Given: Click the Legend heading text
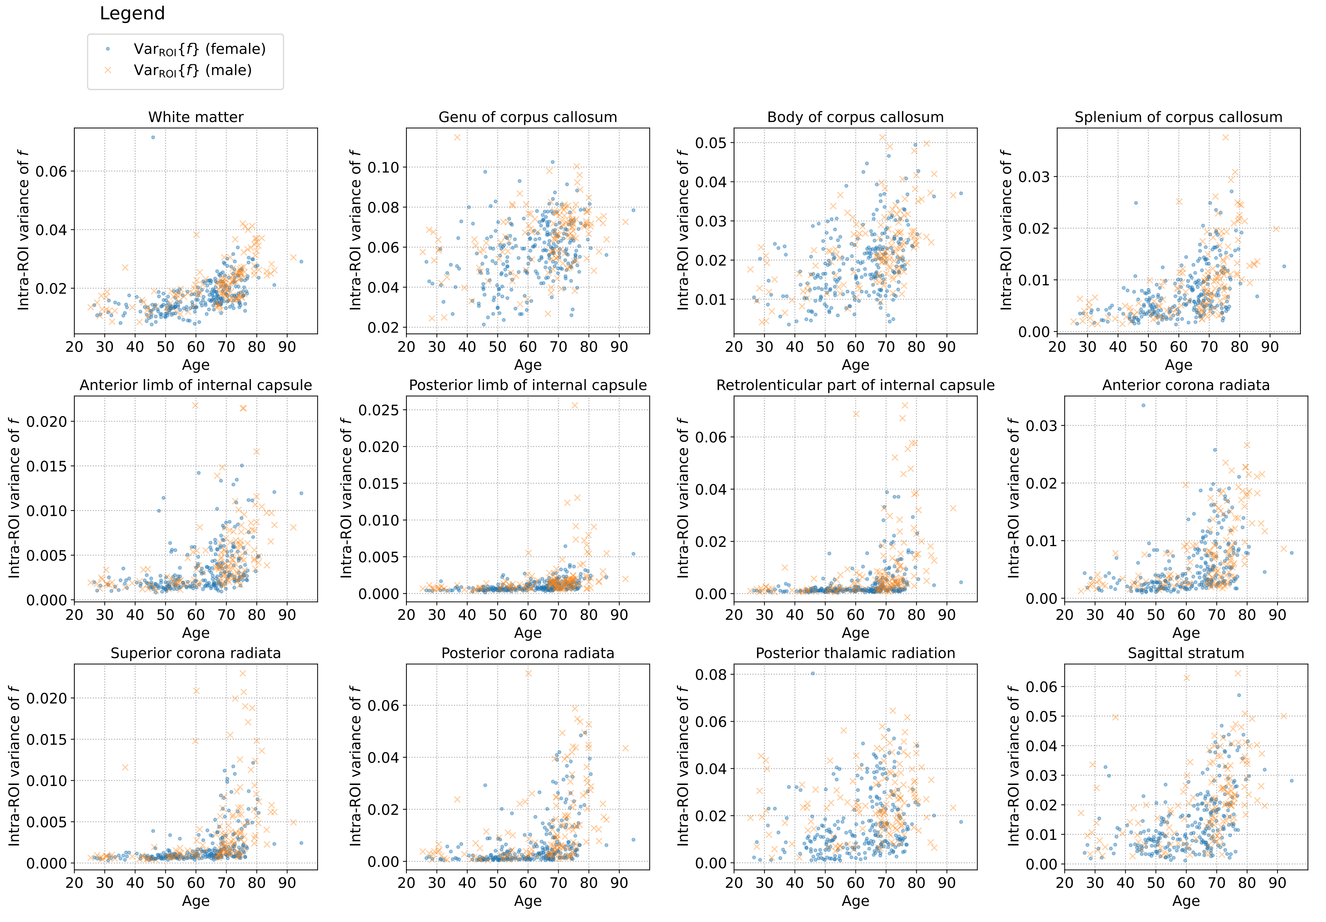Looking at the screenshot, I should pyautogui.click(x=132, y=13).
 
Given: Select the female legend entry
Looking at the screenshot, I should pyautogui.click(x=199, y=49).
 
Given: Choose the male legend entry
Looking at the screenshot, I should pyautogui.click(x=192, y=70).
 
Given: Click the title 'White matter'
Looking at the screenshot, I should pyautogui.click(x=196, y=117).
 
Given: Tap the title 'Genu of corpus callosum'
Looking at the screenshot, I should pyautogui.click(x=528, y=117).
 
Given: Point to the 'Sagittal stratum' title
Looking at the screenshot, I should pyautogui.click(x=1186, y=653).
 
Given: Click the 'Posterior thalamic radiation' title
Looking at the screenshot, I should pyautogui.click(x=855, y=653).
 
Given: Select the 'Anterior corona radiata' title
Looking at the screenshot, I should pyautogui.click(x=1186, y=385).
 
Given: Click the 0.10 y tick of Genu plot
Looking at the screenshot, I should pyautogui.click(x=384, y=168).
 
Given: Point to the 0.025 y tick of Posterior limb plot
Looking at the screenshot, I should pyautogui.click(x=379, y=410).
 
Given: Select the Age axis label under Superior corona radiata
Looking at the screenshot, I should pyautogui.click(x=196, y=900).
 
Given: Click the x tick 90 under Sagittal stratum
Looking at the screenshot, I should pyautogui.click(x=1277, y=883).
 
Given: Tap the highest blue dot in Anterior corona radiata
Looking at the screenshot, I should pyautogui.click(x=1143, y=405).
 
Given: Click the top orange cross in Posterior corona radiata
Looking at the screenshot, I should pyautogui.click(x=528, y=673).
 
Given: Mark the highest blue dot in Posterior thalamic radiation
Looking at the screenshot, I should pyautogui.click(x=813, y=673).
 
